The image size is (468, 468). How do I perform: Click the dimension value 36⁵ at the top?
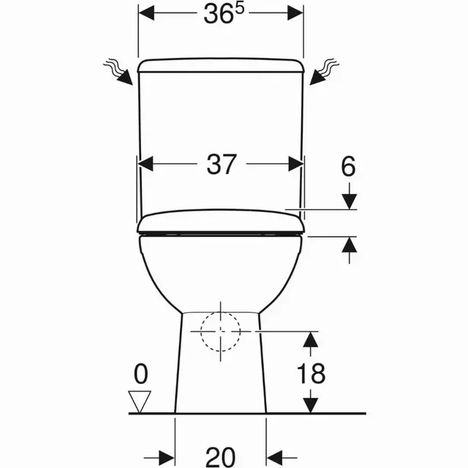[x=222, y=14]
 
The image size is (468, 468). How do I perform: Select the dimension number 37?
[x=222, y=165]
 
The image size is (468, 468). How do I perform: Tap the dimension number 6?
[x=348, y=167]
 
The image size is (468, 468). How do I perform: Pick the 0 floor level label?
[x=140, y=374]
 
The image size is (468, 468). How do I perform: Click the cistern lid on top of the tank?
[x=221, y=67]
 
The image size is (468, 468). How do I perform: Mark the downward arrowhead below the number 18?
[x=312, y=404]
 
